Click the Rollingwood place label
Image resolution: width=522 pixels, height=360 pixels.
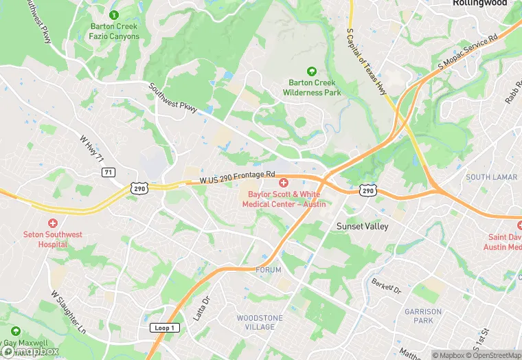point(479,3)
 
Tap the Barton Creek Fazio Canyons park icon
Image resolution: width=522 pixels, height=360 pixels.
point(114,15)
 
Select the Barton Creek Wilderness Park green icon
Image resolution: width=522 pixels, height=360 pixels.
point(312,71)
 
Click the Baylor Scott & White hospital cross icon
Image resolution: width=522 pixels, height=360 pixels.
point(284,183)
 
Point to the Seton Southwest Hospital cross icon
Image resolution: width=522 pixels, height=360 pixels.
point(53,224)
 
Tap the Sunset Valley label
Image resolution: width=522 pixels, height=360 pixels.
point(362,226)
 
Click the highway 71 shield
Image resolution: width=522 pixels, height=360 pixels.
point(109,172)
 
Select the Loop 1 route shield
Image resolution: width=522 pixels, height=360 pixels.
point(163,328)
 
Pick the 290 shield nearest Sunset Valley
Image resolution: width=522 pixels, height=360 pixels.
point(368,190)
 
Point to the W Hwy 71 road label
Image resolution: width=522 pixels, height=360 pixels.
point(91,149)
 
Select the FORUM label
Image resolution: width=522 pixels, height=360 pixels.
point(269,270)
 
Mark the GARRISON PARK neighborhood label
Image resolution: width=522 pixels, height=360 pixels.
point(423,316)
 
